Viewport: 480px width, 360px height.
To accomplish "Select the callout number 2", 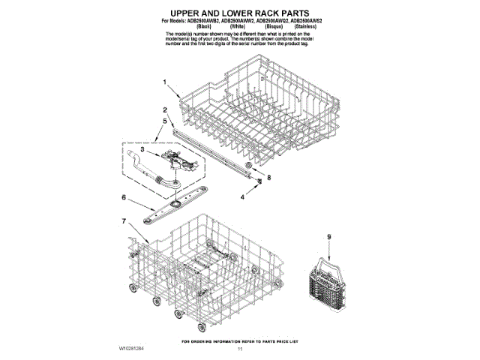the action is tap(164, 110).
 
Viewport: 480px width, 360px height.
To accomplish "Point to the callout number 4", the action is tap(242, 197).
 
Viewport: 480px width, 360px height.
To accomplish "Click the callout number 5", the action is tap(164, 120).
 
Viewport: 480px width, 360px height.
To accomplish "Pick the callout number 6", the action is tap(123, 198).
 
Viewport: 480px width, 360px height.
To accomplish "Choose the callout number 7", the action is tap(123, 221).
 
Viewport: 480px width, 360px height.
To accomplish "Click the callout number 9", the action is tap(328, 237).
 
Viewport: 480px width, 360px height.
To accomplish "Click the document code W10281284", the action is tap(133, 349).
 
